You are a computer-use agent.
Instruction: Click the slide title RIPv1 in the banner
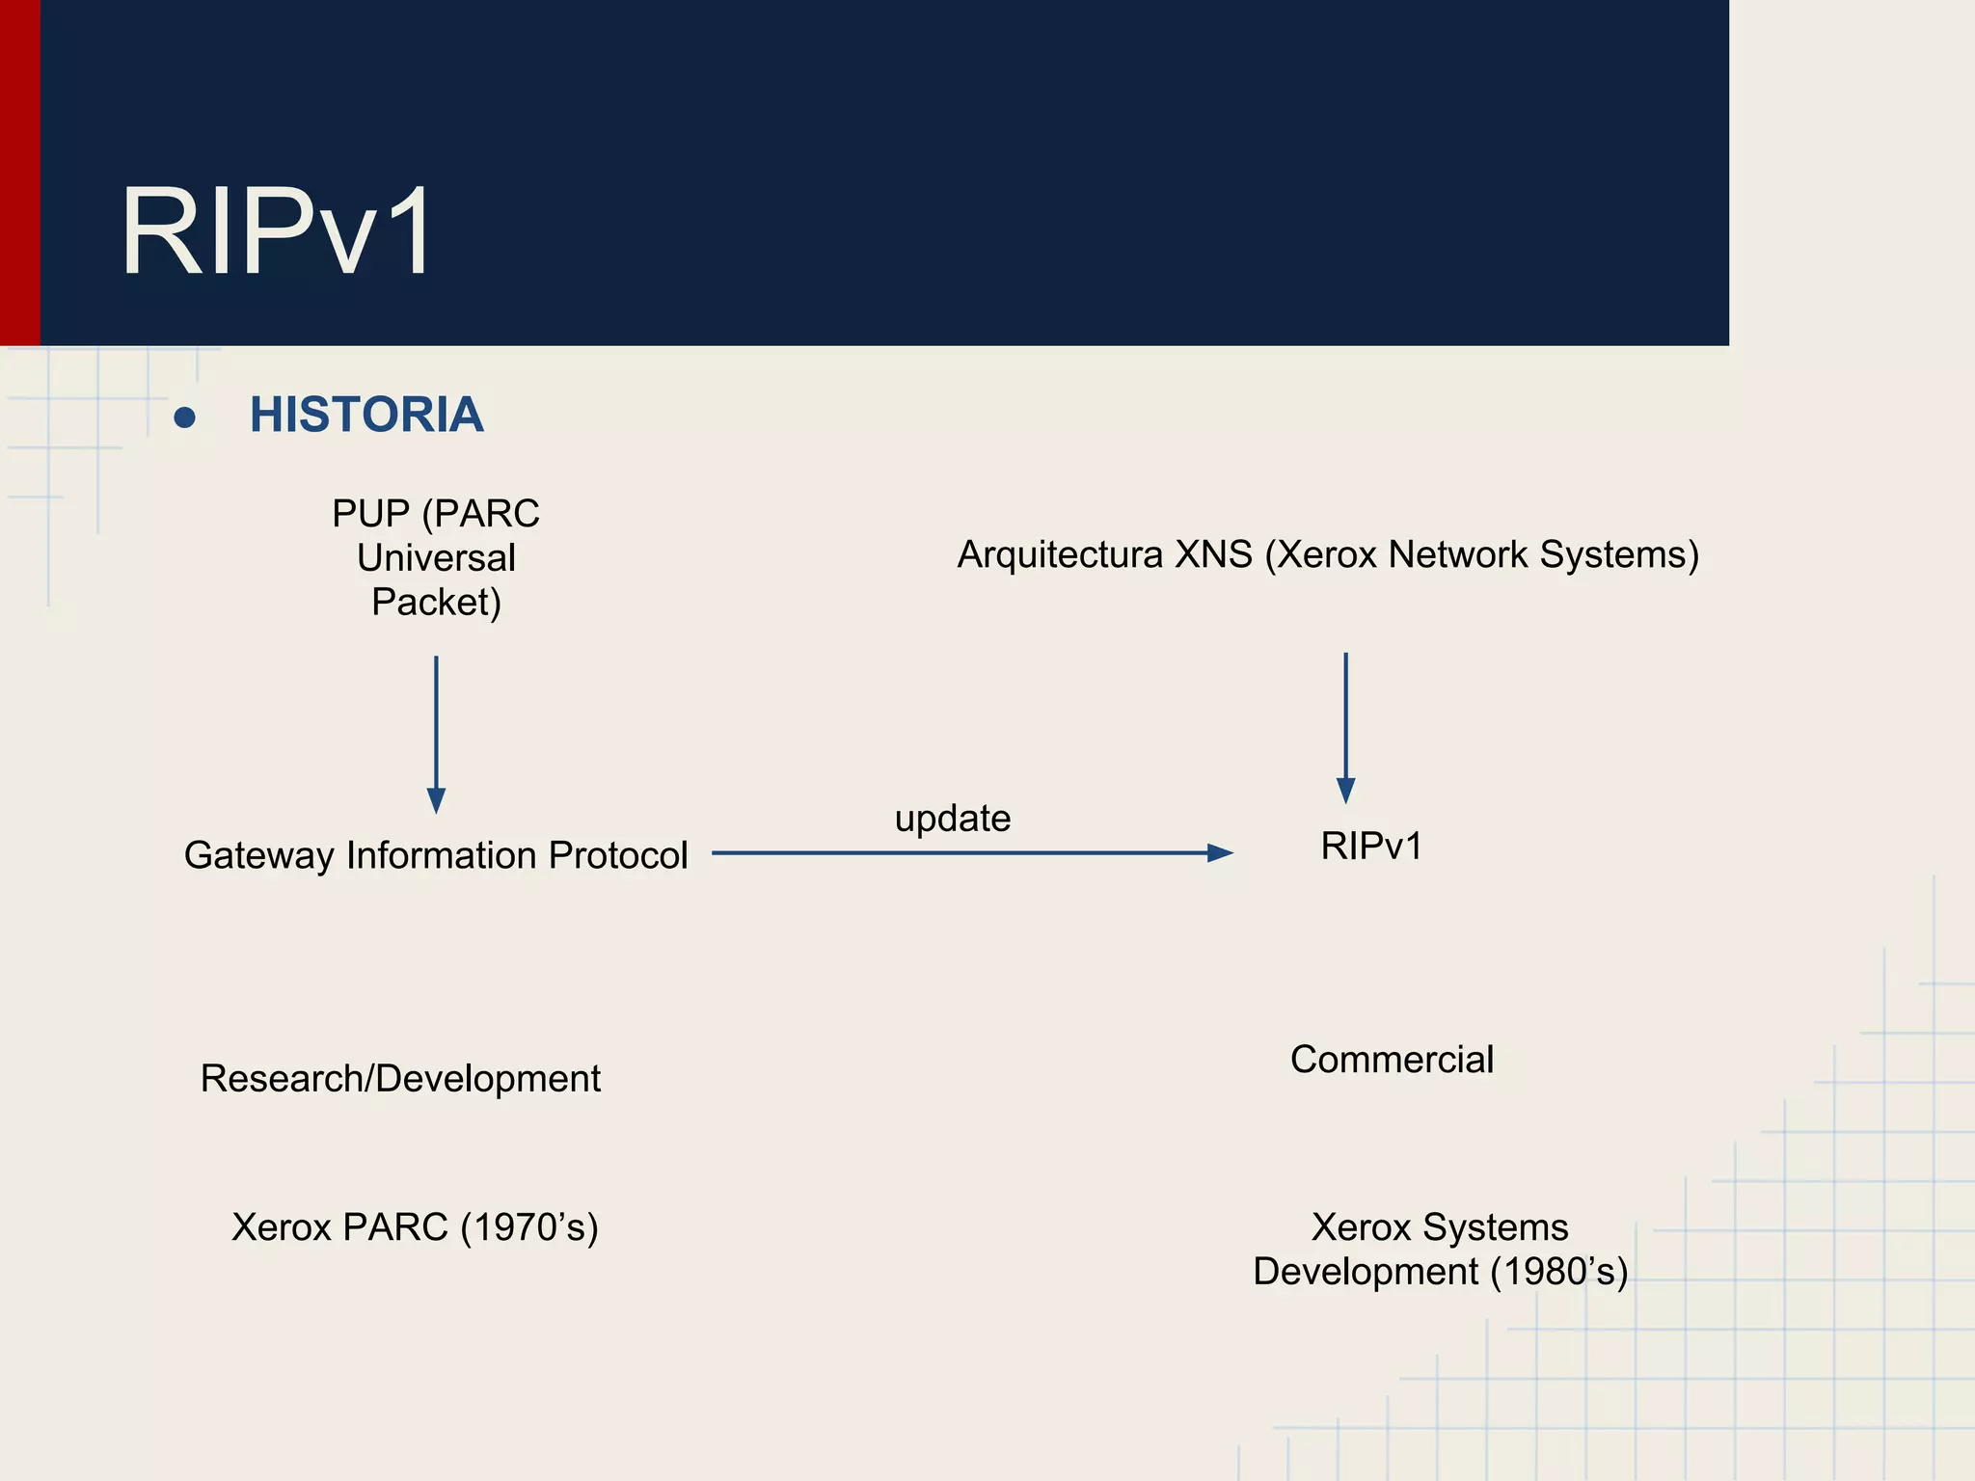pos(277,232)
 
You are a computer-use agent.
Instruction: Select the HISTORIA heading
pos(366,416)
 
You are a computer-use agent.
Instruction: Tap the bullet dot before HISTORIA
pos(185,417)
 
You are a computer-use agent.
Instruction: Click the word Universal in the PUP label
pos(436,558)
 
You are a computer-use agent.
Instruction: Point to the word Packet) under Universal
pos(436,603)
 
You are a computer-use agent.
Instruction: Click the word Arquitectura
pos(1060,555)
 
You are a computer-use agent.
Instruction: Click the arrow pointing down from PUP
pos(436,733)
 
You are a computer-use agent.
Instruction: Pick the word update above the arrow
pos(953,819)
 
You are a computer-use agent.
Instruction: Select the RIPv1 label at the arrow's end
pos(1371,847)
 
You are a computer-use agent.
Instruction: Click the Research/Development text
pos(400,1079)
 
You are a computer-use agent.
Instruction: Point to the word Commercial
pos(1392,1060)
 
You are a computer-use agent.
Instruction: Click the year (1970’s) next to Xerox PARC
pos(528,1227)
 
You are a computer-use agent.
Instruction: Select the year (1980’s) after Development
pos(1559,1272)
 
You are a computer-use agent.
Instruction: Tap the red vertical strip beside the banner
pos(19,174)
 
